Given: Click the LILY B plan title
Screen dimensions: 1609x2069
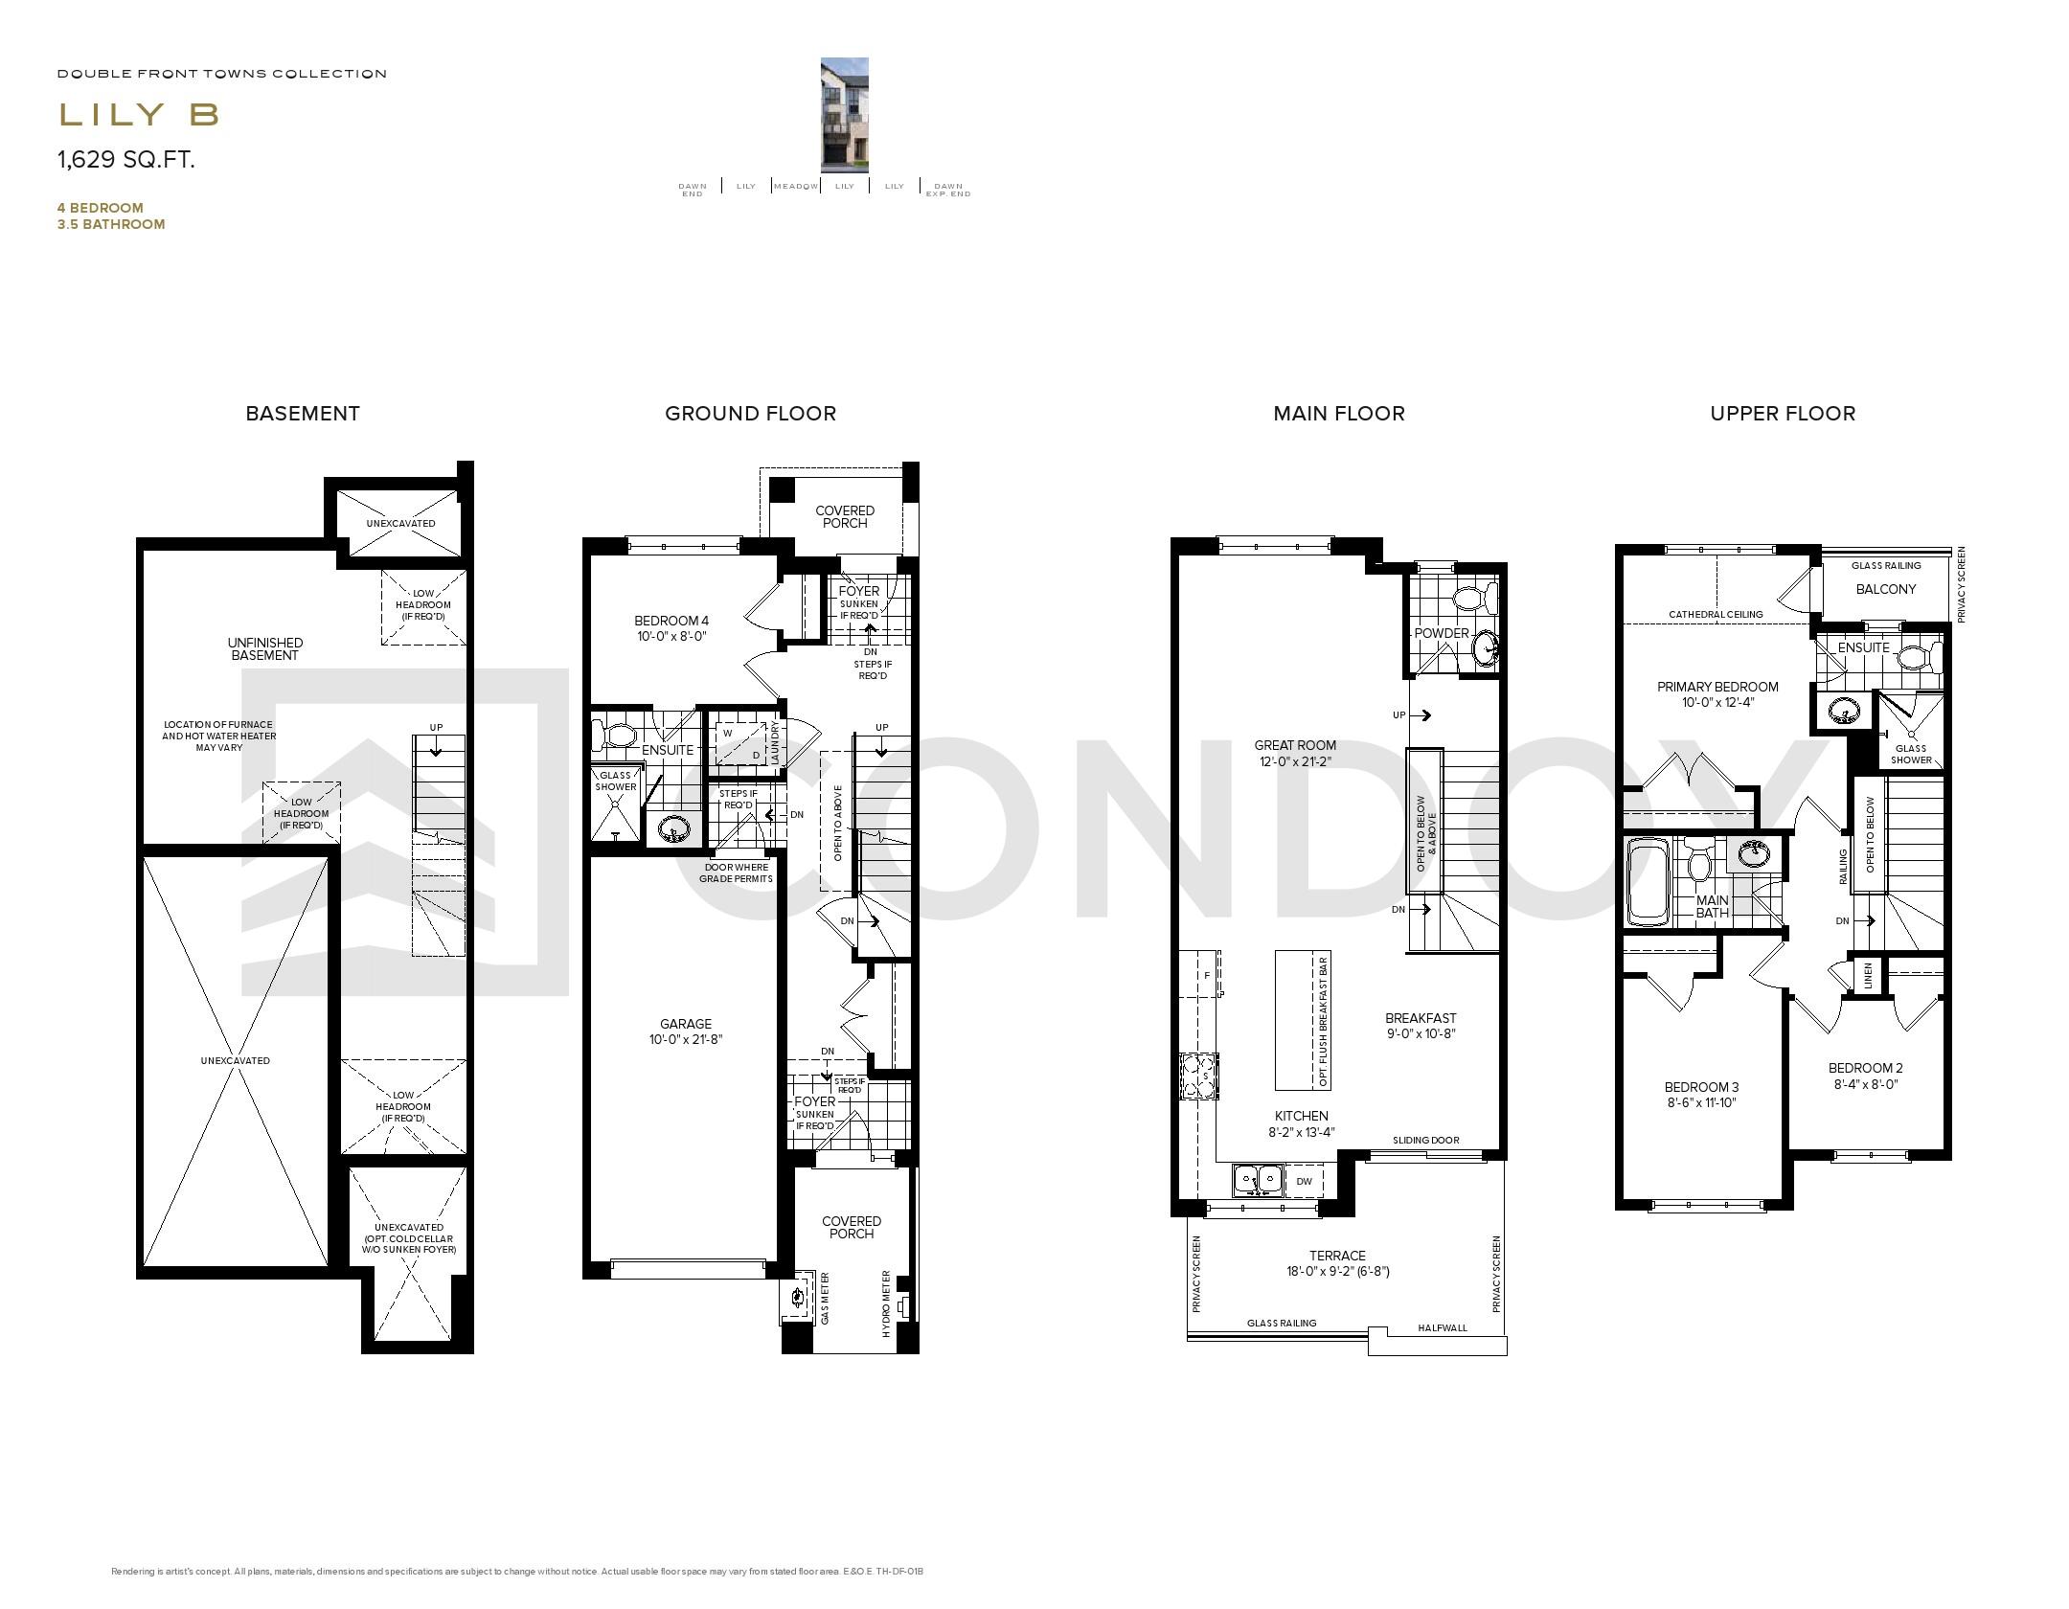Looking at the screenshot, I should pos(139,115).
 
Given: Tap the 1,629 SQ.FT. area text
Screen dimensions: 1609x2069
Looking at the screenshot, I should pos(126,160).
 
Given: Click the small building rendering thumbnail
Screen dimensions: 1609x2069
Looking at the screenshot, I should pos(844,115).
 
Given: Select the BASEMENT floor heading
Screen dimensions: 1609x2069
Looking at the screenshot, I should pos(303,414).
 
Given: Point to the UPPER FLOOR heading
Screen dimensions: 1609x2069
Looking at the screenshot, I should pos(1783,414).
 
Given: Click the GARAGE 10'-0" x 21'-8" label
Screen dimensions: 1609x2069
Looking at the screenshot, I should pos(686,1031).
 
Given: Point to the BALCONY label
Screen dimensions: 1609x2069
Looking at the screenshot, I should pos(1885,589).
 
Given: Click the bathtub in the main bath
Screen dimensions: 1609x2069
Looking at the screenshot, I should pos(1648,881).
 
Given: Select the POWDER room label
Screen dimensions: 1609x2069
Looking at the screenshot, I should pos(1441,633).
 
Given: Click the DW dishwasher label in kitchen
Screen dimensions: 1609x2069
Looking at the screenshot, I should pos(1304,1182).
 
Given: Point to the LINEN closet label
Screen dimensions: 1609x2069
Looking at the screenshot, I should pos(1868,976).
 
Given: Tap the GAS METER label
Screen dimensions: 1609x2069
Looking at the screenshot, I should pos(825,1299).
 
